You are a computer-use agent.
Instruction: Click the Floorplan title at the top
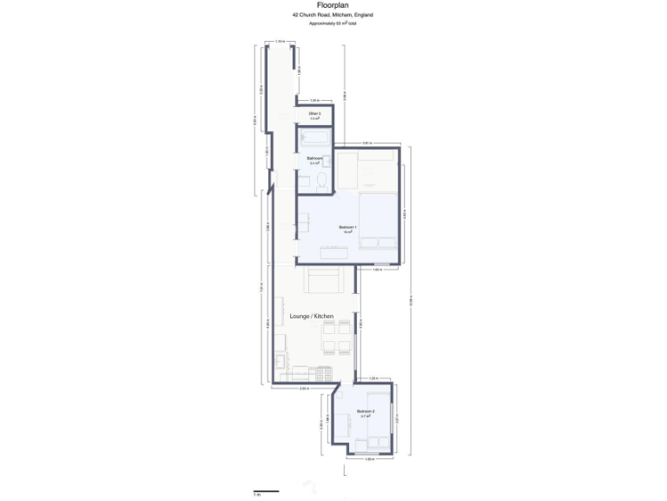[x=333, y=5]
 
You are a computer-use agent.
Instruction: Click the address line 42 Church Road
[x=333, y=15]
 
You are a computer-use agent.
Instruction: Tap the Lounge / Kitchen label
[x=311, y=317]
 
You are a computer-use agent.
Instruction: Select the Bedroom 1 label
[x=347, y=228]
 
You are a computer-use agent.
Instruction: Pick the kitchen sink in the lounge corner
[x=281, y=359]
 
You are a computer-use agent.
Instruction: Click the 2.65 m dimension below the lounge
[x=304, y=389]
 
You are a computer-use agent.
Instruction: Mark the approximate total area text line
[x=333, y=23]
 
